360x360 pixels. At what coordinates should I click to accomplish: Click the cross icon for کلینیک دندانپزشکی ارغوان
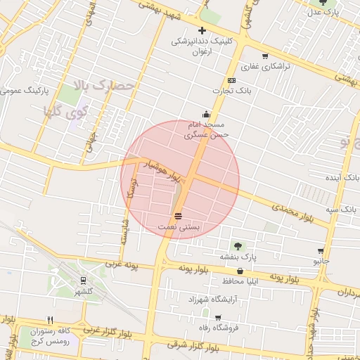pos(202,30)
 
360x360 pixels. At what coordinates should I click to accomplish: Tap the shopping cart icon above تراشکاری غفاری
pos(264,57)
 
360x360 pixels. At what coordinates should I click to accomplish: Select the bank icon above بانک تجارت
pos(231,81)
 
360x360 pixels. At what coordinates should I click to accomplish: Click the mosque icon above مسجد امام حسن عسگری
pos(206,114)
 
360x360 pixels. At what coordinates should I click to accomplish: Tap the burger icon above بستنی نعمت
pos(179,216)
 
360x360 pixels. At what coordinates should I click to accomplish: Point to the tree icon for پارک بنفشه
pos(237,246)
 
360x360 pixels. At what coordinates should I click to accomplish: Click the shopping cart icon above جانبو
pos(321,250)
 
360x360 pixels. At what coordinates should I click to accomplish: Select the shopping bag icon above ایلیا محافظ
pos(240,271)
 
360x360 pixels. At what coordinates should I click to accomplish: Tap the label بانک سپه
pos(342,210)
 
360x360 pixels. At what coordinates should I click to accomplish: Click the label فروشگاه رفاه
pos(217,328)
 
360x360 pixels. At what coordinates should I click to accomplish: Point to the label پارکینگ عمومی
pos(25,91)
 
